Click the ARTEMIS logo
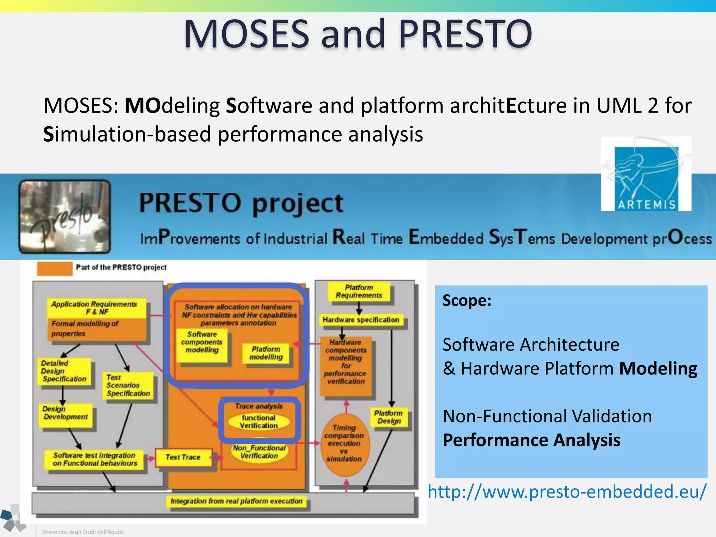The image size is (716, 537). tap(646, 174)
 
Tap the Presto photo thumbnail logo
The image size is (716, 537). tap(65, 216)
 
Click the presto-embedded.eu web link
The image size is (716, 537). tap(567, 492)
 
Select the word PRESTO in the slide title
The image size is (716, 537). tap(465, 34)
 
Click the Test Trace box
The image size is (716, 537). tap(183, 457)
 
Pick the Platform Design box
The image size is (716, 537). tap(388, 417)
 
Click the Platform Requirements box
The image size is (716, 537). tap(359, 292)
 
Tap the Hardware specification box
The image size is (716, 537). tap(360, 320)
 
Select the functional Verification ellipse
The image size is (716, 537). tap(259, 422)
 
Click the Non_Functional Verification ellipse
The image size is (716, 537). tap(259, 452)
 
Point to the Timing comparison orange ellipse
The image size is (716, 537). tap(344, 443)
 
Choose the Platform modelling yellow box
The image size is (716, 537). tap(266, 353)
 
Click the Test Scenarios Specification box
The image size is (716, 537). tap(128, 386)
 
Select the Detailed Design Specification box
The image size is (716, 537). tap(64, 371)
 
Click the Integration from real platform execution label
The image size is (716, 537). tap(236, 501)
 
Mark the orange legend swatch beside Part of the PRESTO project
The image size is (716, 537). tap(55, 268)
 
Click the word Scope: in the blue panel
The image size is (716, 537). tap(467, 301)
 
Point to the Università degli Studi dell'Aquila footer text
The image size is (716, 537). tap(82, 532)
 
